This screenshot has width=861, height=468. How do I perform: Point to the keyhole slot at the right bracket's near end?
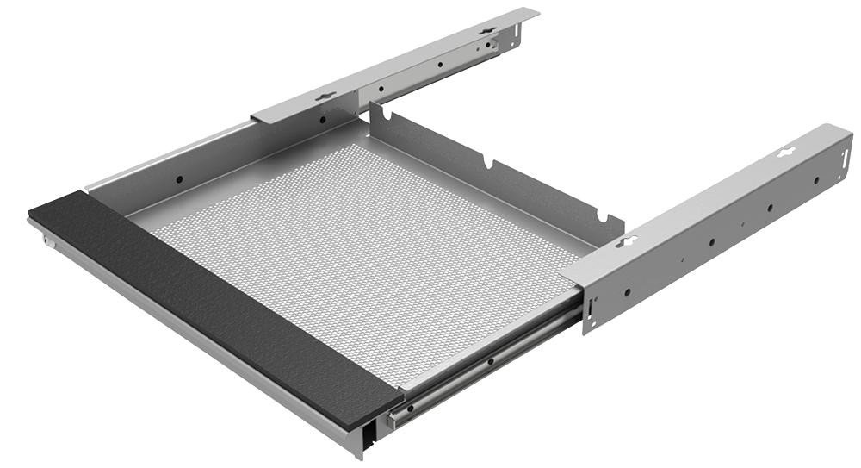(626, 241)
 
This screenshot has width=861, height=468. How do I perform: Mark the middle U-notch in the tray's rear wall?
(488, 162)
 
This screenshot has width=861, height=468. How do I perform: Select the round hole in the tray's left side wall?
(180, 179)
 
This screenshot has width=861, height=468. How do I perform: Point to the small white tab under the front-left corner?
(50, 245)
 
